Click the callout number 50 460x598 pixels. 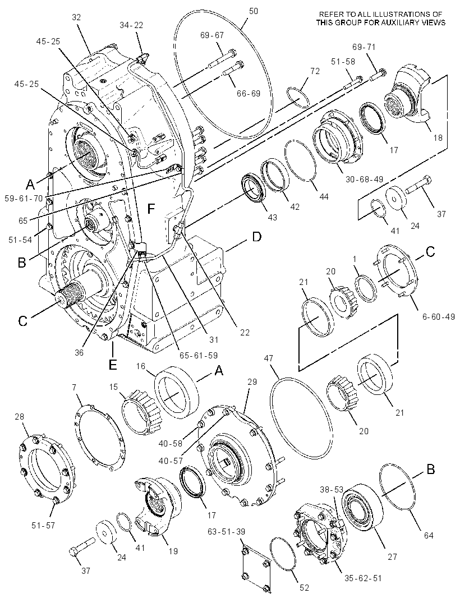click(254, 11)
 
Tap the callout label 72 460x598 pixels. click(315, 71)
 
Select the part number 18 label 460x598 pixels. click(438, 137)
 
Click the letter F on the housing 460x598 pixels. click(151, 209)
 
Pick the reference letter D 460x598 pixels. click(257, 237)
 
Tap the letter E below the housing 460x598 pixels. click(113, 365)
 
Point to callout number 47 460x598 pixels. click(269, 358)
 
